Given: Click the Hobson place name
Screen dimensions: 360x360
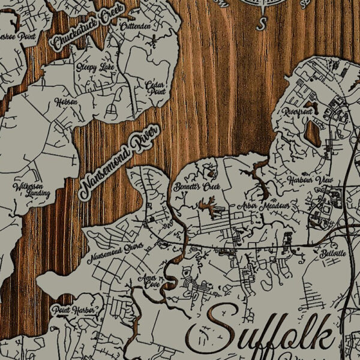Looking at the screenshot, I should [66, 102].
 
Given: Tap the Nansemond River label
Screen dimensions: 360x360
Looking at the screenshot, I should [119, 163].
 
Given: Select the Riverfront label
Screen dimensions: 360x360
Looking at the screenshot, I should [298, 112].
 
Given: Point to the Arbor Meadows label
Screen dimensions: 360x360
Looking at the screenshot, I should [263, 206].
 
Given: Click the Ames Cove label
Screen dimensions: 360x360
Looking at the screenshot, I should [147, 282].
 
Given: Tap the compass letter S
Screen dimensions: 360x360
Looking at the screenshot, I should [261, 24].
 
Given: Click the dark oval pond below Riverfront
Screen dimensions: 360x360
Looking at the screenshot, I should [313, 133].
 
